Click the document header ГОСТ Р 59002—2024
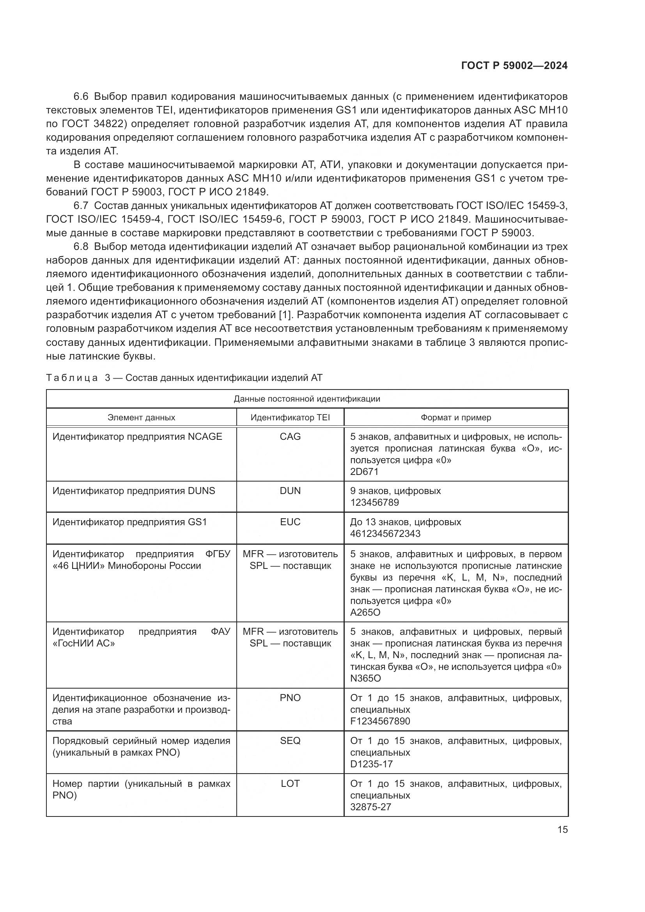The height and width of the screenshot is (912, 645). (514, 66)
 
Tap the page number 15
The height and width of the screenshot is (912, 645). (562, 829)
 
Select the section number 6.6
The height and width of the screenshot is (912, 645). (81, 97)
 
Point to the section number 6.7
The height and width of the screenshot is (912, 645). (81, 206)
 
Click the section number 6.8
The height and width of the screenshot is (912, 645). (81, 247)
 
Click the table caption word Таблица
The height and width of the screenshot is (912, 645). (71, 378)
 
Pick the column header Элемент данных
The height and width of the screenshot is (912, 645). (141, 418)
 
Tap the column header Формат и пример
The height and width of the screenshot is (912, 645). (456, 418)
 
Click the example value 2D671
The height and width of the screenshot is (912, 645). (364, 471)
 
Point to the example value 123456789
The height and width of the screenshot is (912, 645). (374, 503)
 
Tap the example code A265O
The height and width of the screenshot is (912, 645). (365, 612)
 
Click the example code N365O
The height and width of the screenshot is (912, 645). (365, 678)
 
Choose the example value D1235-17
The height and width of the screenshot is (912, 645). (371, 764)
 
